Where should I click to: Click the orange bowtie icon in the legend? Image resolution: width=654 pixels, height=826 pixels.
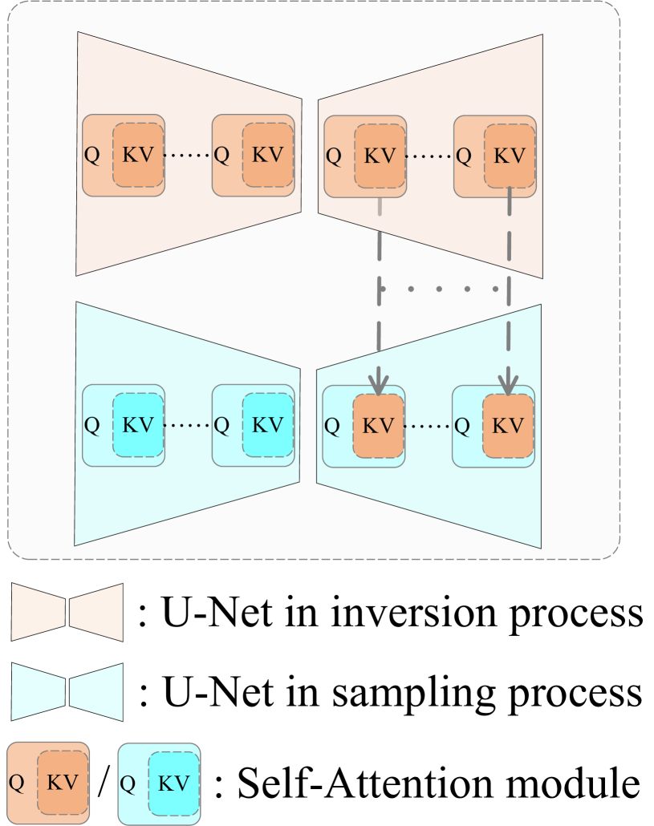pos(67,612)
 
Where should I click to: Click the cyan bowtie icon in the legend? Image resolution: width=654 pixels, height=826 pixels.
pos(67,691)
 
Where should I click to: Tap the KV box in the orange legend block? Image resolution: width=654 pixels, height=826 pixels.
pos(63,783)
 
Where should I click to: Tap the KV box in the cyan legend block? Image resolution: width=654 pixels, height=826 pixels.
pos(174,783)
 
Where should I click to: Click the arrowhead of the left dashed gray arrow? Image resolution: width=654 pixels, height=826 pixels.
pos(379,384)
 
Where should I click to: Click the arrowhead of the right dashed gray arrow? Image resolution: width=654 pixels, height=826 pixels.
pos(508,384)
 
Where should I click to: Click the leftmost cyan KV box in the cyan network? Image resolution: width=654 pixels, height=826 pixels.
pos(138,425)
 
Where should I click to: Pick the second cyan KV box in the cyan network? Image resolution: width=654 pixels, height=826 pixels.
pos(268,425)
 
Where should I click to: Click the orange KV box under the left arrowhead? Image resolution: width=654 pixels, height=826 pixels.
pos(379,426)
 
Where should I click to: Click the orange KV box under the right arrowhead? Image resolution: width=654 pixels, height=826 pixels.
pos(508,426)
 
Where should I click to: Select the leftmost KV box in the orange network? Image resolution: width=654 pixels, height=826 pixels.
pos(138,155)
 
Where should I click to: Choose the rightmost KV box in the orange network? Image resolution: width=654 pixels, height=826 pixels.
pos(510,156)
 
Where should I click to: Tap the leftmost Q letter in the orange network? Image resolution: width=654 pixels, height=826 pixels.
pos(92,155)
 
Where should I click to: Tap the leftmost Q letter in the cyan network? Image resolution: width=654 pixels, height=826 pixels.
pos(92,426)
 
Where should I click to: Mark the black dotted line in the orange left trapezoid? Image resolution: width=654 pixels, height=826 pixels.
pos(189,155)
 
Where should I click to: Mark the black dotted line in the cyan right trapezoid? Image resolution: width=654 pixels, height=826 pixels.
pos(429,426)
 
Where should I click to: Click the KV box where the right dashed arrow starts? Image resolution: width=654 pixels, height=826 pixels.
pos(510,156)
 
